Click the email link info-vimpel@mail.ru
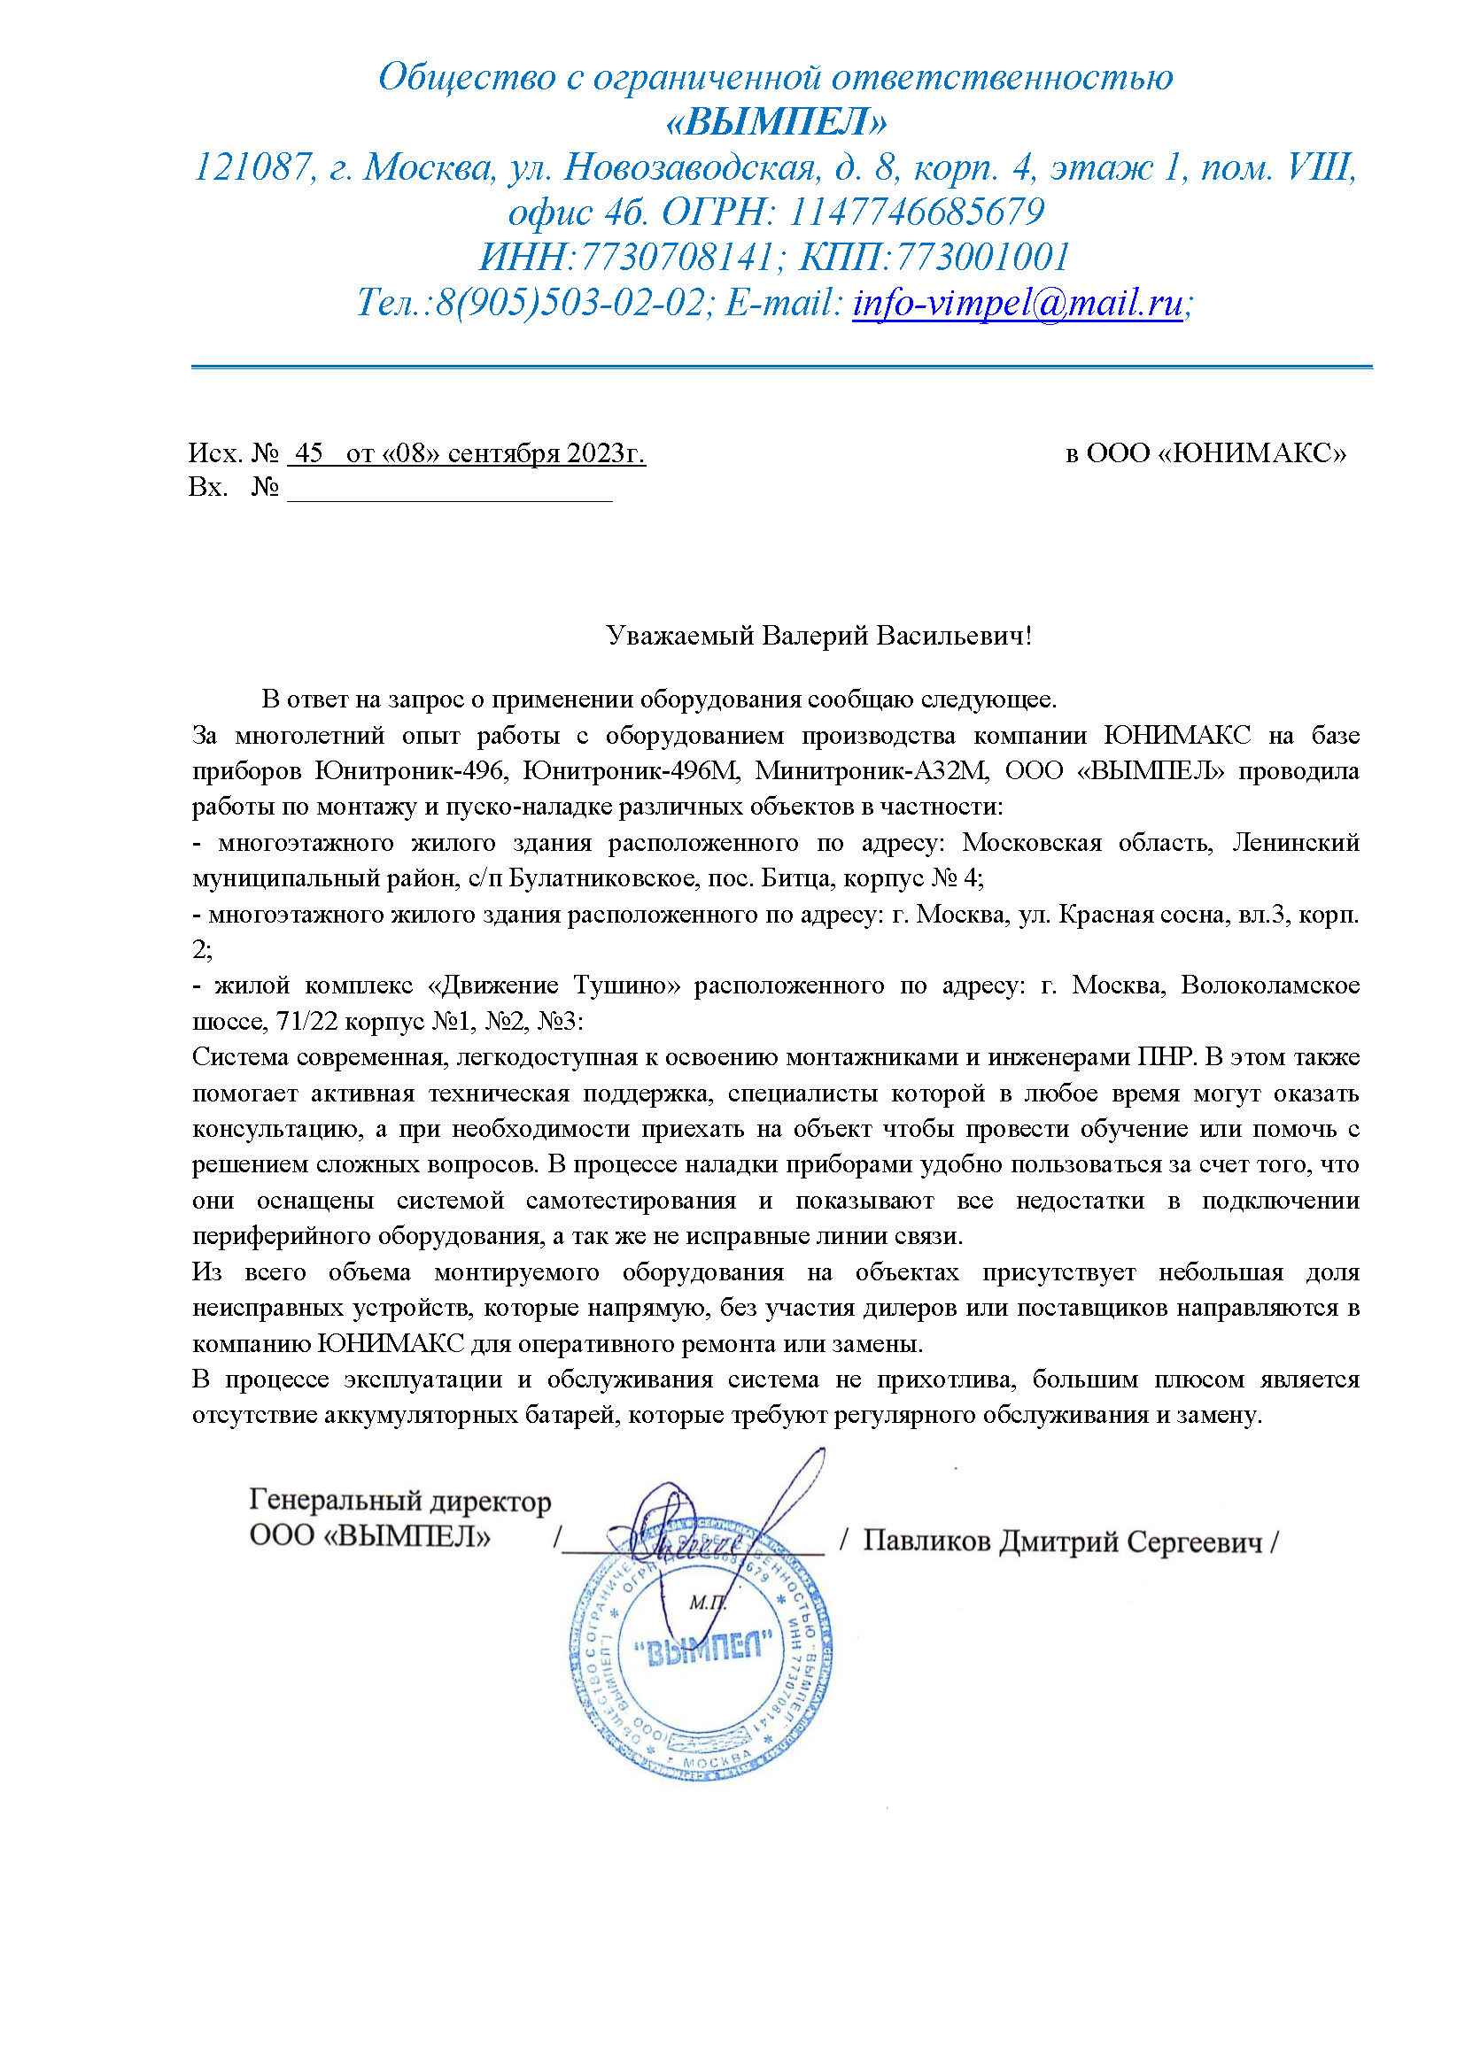coord(1017,303)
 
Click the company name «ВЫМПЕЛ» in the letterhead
coord(776,122)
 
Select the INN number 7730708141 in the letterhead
coord(676,257)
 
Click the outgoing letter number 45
coord(309,452)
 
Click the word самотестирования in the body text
coord(631,1201)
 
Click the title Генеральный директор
coord(399,1500)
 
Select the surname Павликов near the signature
coord(924,1542)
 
